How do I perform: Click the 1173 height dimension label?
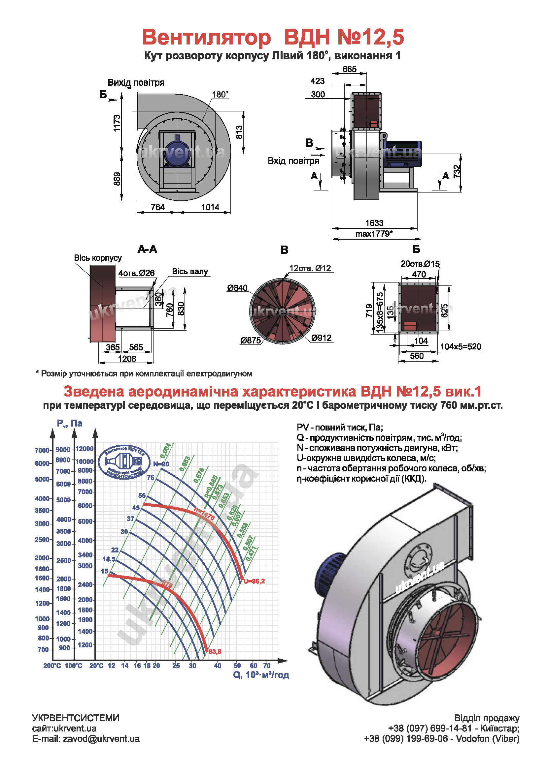[x=117, y=123]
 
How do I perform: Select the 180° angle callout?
[x=220, y=95]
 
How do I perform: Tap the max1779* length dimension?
[x=374, y=233]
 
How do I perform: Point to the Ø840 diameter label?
[x=237, y=288]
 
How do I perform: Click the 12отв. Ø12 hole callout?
[x=310, y=268]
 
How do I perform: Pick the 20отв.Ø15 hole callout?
[x=420, y=264]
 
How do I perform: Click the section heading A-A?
[x=147, y=249]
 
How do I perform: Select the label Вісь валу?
[x=190, y=271]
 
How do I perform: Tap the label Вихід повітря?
[x=136, y=83]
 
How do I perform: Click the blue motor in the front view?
[x=177, y=153]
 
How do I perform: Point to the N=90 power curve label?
[x=161, y=464]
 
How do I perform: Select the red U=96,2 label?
[x=254, y=581]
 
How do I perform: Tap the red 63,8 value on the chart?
[x=215, y=652]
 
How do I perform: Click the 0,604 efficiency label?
[x=165, y=450]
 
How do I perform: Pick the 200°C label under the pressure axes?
[x=52, y=666]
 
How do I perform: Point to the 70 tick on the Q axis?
[x=267, y=666]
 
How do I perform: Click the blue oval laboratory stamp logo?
[x=124, y=462]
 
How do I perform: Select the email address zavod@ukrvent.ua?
[x=101, y=738]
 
